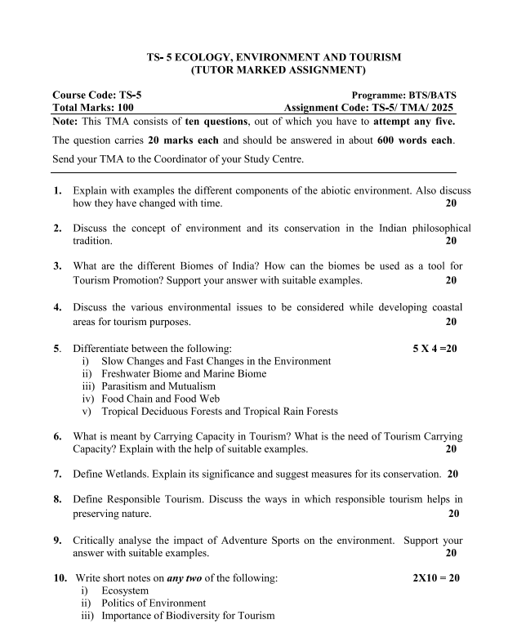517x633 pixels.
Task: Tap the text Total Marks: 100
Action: (x=93, y=107)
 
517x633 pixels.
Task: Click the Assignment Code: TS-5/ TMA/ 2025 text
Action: (x=368, y=107)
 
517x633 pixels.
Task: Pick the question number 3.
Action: (x=58, y=266)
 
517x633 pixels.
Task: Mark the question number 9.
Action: (x=58, y=540)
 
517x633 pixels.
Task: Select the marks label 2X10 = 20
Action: (x=437, y=578)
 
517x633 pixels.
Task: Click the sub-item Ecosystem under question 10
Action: (x=125, y=591)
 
